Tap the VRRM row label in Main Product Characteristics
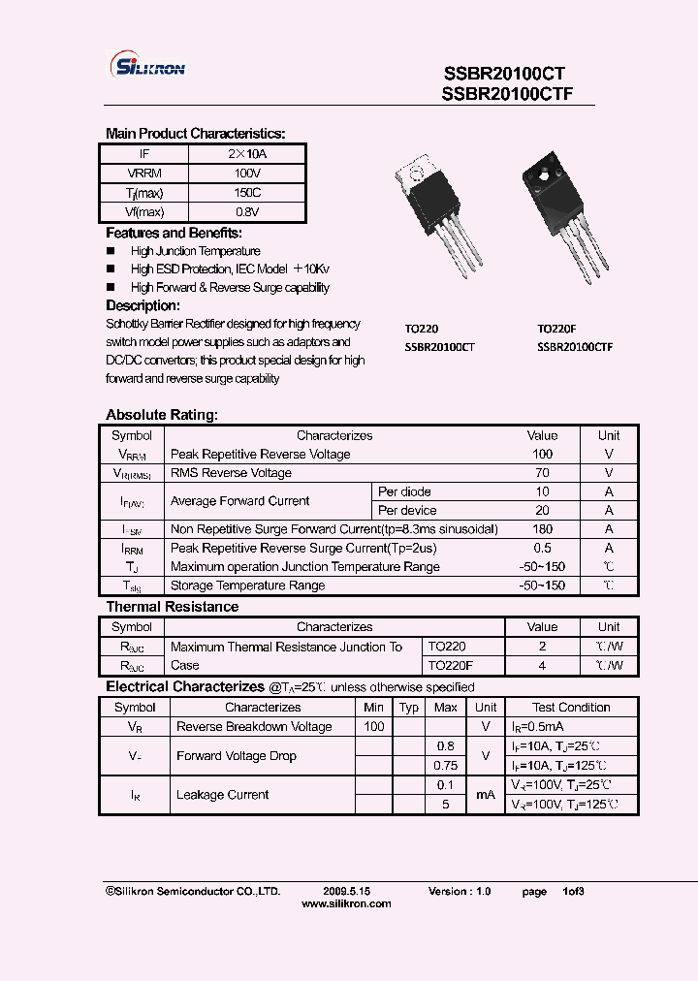[143, 174]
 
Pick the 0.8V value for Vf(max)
[247, 211]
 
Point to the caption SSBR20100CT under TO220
[439, 346]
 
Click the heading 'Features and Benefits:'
[174, 234]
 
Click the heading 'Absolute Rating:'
[161, 415]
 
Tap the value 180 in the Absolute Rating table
[542, 529]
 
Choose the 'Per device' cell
[407, 511]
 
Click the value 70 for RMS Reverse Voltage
[542, 473]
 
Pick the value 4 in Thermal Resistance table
[542, 665]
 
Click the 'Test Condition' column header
[571, 708]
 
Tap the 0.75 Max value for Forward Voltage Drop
[445, 765]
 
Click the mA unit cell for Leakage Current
[486, 795]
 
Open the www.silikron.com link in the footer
[346, 903]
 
